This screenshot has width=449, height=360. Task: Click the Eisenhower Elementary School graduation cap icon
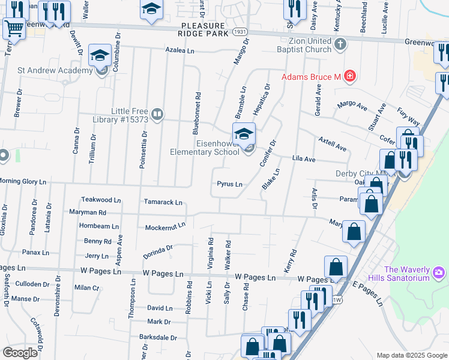(244, 133)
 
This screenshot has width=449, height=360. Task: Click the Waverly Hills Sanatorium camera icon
(438, 273)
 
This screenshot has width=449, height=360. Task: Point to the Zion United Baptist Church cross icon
(340, 43)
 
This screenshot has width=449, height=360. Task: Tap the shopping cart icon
(14, 28)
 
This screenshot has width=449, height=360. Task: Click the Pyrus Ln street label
(229, 184)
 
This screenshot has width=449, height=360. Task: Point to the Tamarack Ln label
(162, 203)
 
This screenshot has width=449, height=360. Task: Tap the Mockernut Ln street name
(165, 227)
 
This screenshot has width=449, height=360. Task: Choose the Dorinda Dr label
(158, 251)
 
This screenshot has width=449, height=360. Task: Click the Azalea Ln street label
(180, 52)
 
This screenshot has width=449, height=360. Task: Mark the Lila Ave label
(303, 160)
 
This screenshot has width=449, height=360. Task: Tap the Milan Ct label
(86, 288)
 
